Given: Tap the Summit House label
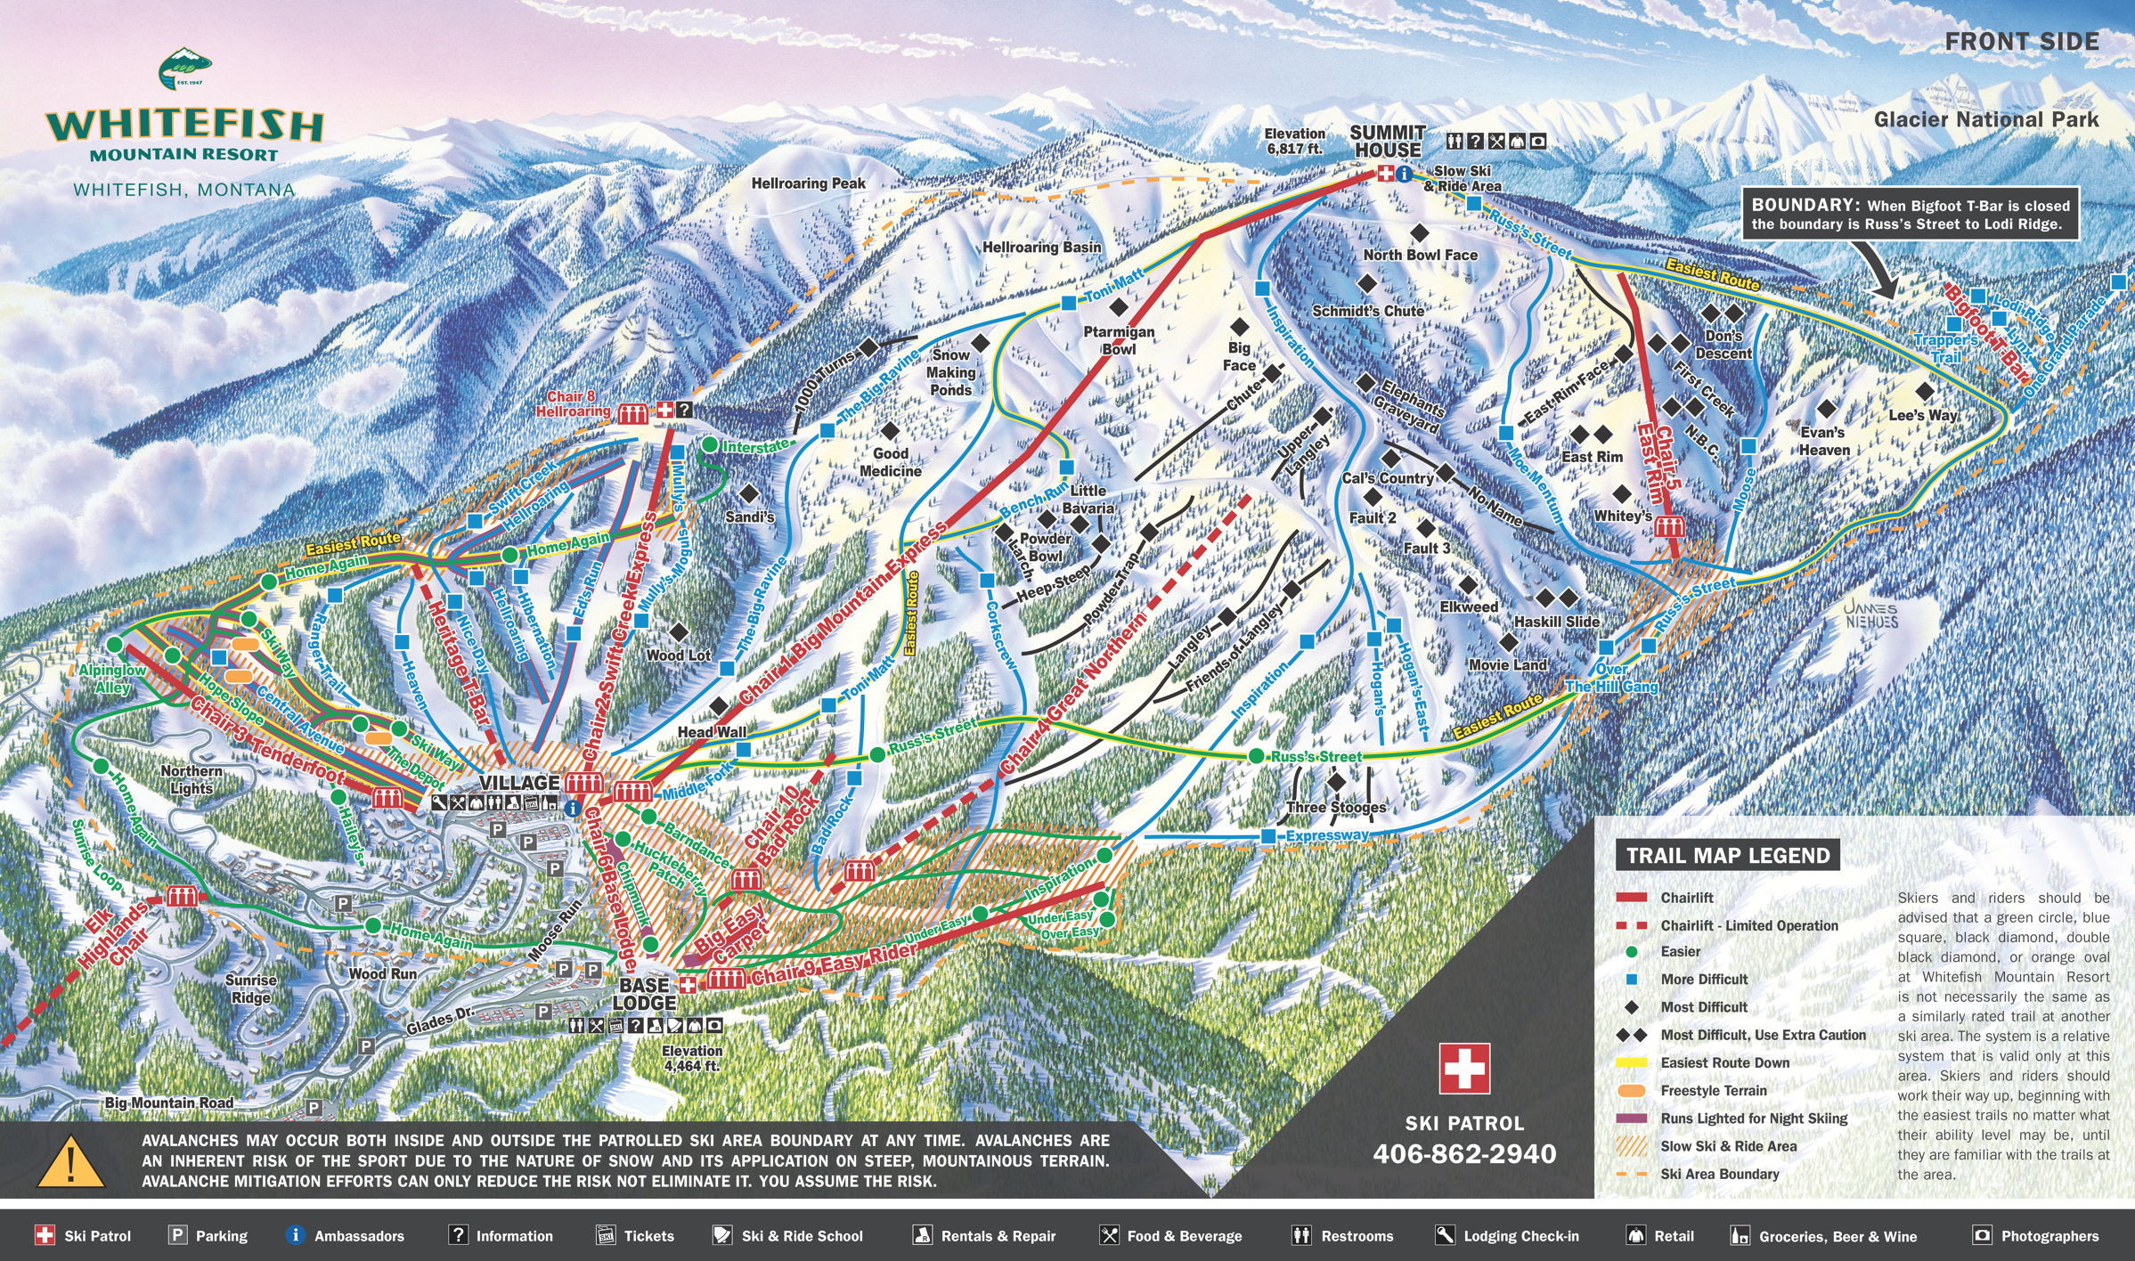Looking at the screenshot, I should [x=1387, y=142].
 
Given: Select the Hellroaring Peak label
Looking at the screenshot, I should [x=808, y=183].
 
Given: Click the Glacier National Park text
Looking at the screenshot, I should [x=1985, y=119].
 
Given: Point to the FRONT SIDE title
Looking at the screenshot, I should [x=2021, y=42].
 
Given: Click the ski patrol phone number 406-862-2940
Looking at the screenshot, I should [x=1464, y=1154].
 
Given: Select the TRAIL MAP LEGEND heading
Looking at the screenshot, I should [x=1727, y=856].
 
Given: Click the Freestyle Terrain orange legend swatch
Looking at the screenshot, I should [x=1632, y=1090].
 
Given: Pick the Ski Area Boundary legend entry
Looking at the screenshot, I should [x=1719, y=1174].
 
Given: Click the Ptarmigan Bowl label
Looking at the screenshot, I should [x=1119, y=340].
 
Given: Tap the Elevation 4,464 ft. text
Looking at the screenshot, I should [x=691, y=1058].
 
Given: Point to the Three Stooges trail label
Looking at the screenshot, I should [x=1335, y=807].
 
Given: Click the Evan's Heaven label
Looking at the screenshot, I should [x=1823, y=441].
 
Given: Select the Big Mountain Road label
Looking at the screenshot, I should [x=169, y=1102].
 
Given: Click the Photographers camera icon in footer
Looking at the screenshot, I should [x=1982, y=1235].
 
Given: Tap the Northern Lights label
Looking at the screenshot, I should [x=191, y=779].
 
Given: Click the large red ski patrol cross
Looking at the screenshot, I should [x=1464, y=1069].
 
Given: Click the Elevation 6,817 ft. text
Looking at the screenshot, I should [x=1294, y=142].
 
